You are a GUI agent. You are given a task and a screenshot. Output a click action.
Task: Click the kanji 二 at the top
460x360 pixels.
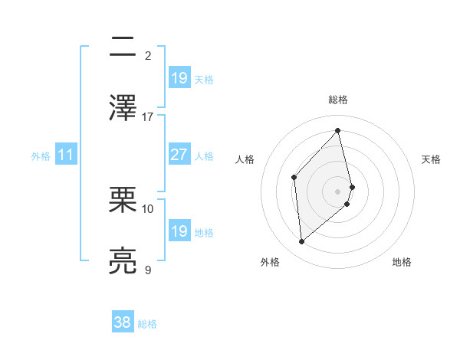(123, 48)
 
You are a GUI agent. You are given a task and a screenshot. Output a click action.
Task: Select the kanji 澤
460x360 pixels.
(123, 108)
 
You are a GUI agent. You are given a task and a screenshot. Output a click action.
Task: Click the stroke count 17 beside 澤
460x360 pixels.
(148, 117)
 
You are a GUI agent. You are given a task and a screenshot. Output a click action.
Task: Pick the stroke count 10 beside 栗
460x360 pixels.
(148, 208)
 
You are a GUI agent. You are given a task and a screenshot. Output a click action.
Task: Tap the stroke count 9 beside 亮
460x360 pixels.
(148, 270)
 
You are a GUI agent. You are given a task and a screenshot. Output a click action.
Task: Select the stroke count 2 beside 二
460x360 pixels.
(148, 56)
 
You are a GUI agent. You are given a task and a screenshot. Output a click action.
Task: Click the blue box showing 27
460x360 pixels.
(179, 155)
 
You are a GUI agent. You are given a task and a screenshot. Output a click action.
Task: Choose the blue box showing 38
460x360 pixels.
(123, 322)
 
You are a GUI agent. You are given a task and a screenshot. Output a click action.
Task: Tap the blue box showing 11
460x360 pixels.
(66, 155)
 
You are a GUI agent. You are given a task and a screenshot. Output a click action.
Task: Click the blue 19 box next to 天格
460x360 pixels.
(179, 77)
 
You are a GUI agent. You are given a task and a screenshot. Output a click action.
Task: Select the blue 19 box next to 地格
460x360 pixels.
(179, 231)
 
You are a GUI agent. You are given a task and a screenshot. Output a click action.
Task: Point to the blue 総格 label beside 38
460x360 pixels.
(147, 324)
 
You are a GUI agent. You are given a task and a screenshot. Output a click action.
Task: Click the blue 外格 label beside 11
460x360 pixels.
(41, 156)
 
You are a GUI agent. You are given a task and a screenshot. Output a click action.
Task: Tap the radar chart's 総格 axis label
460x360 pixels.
(338, 100)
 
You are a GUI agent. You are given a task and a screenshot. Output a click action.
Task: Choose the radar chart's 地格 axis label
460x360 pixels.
(402, 262)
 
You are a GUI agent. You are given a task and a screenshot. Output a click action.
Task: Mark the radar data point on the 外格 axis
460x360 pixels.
(302, 242)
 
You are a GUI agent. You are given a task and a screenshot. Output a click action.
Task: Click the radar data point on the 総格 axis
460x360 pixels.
(338, 130)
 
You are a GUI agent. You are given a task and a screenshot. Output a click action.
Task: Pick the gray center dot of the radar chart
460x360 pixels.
(338, 190)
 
